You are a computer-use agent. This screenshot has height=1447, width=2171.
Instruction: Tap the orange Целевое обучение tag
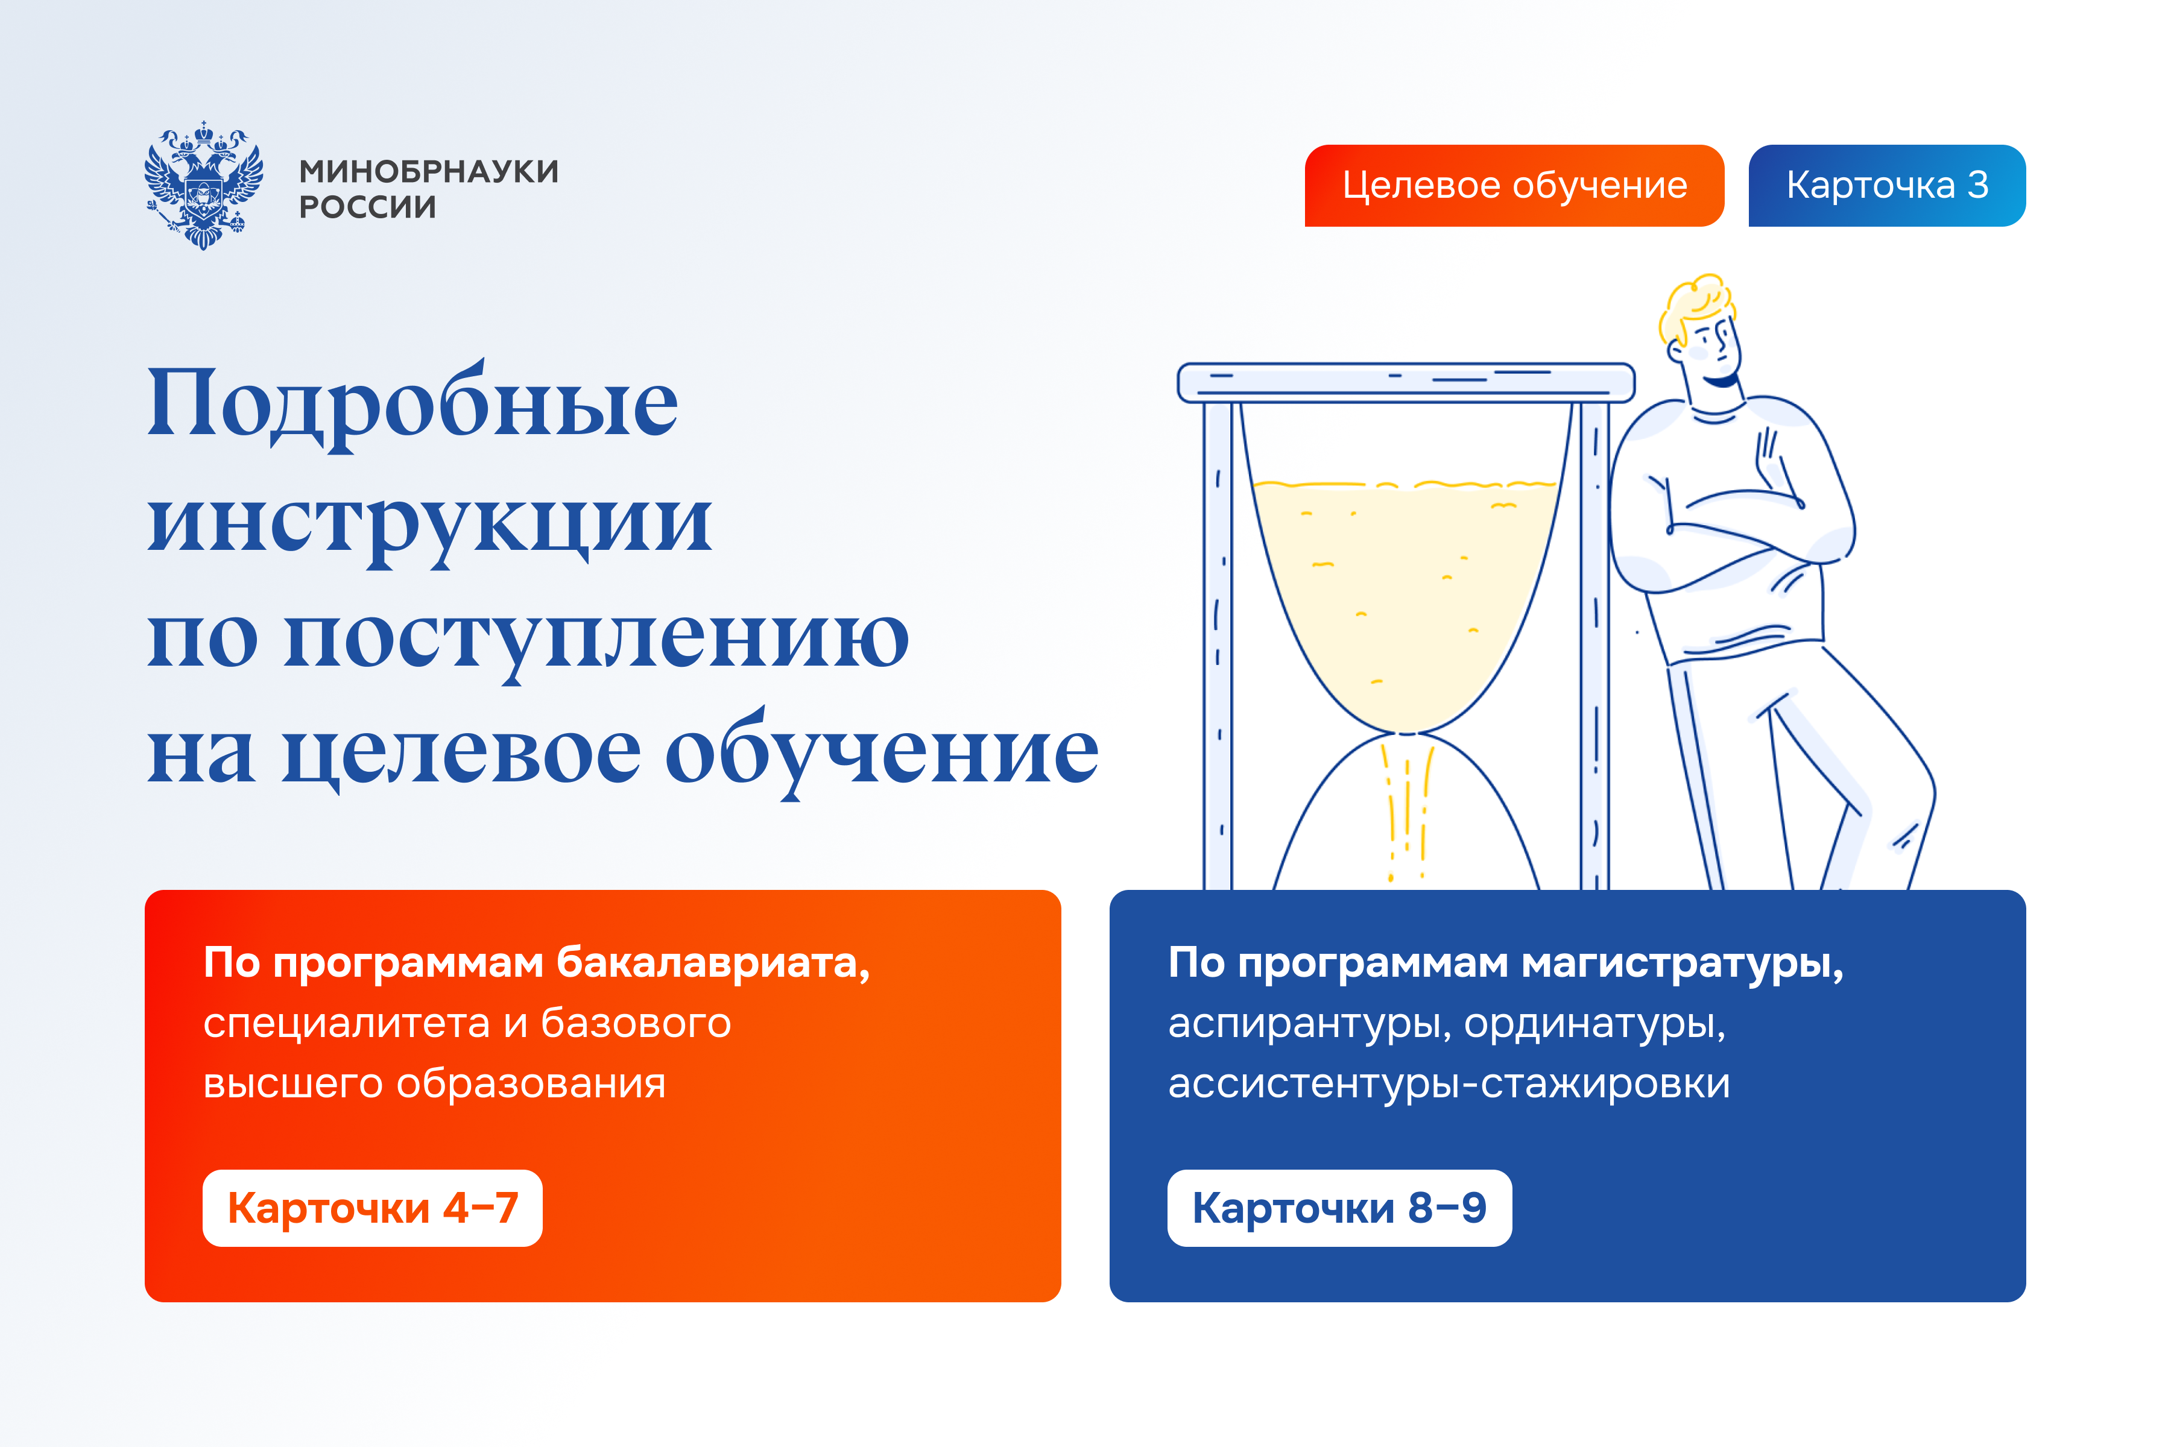tap(1514, 186)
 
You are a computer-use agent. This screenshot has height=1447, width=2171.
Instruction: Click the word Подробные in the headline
tap(412, 404)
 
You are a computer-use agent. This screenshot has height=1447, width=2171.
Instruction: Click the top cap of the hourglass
tap(1405, 382)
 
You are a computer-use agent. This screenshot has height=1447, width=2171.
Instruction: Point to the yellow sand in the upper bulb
tap(1403, 591)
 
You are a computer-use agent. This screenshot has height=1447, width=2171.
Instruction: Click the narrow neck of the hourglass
tap(1406, 734)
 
